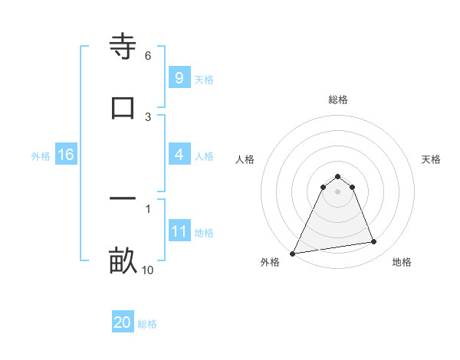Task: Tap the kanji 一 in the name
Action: [123, 200]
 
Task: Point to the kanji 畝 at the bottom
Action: [123, 261]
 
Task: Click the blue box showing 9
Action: [179, 77]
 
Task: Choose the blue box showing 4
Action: [179, 155]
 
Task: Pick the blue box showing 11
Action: [179, 231]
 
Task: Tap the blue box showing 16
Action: [66, 155]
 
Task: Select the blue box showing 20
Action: [123, 322]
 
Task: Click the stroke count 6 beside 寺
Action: [148, 56]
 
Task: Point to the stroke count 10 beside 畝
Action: [148, 270]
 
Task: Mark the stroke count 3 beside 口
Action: [148, 116]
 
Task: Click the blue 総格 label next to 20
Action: [147, 324]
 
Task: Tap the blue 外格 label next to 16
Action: [41, 156]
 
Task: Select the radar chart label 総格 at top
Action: [338, 100]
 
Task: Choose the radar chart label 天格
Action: [432, 159]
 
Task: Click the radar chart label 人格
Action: [245, 159]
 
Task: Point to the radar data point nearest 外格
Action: [293, 253]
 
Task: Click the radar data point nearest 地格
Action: [374, 242]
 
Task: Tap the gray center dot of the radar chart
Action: [337, 191]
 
